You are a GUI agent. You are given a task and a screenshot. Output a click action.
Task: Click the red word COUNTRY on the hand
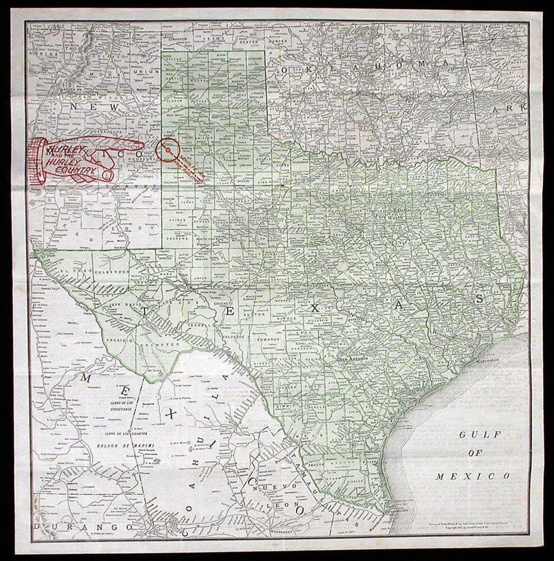coord(79,168)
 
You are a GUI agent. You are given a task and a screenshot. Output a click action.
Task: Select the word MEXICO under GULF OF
coord(473,476)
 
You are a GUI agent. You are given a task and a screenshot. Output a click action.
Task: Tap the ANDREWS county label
coord(182,237)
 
